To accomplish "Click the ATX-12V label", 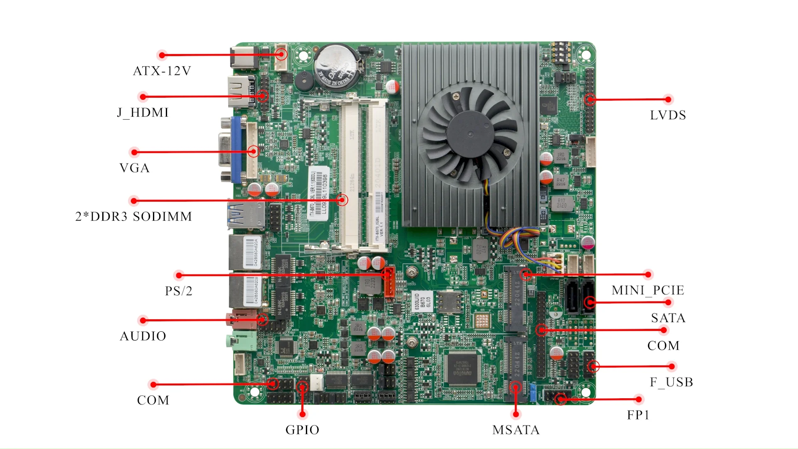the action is [x=162, y=71].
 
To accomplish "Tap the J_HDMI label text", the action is [x=143, y=113].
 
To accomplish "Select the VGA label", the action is [x=134, y=168].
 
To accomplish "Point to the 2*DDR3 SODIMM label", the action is [x=133, y=217].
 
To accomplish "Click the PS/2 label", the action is [x=179, y=291].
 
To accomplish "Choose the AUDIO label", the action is [x=143, y=336].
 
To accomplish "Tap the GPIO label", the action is [x=302, y=430].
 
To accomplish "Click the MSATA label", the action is [x=516, y=430].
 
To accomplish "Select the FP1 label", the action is [x=638, y=415].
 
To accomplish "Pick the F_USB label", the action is [x=671, y=382].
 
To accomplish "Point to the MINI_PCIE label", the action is [x=648, y=290].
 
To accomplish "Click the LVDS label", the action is [x=668, y=115].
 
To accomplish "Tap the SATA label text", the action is [x=668, y=318].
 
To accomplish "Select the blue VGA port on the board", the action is [x=235, y=150].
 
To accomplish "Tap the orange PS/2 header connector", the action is [x=389, y=283].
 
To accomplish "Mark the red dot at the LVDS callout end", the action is [x=668, y=99].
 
